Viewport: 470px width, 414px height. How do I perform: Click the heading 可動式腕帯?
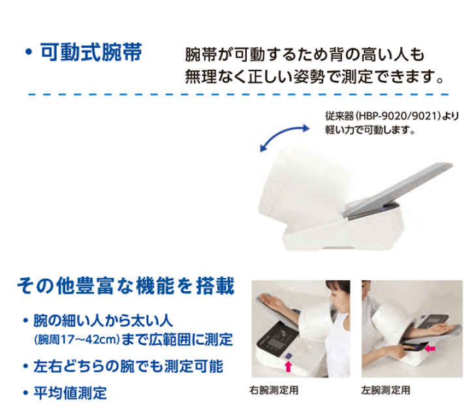[x=91, y=52]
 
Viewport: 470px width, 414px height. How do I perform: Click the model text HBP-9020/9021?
[x=398, y=116]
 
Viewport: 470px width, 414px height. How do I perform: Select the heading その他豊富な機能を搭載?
[x=125, y=286]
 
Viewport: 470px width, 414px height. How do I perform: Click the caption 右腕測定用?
[x=274, y=390]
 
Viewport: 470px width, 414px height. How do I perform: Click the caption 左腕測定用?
[x=386, y=390]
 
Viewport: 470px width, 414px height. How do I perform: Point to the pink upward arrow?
[x=288, y=366]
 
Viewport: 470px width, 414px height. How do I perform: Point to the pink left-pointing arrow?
[x=430, y=348]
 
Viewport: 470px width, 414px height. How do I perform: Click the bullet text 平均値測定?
[x=70, y=393]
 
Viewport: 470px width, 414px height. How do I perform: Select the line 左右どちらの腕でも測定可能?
[x=129, y=366]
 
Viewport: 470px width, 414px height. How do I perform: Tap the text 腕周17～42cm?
[x=77, y=340]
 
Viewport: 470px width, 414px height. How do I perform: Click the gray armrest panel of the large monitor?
[x=397, y=191]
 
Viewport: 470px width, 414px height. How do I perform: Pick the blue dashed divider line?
[x=239, y=95]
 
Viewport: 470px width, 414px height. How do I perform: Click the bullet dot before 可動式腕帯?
[x=29, y=52]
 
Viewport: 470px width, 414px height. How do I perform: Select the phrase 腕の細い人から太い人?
[x=103, y=321]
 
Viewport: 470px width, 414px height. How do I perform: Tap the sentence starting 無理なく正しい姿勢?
[x=314, y=77]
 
